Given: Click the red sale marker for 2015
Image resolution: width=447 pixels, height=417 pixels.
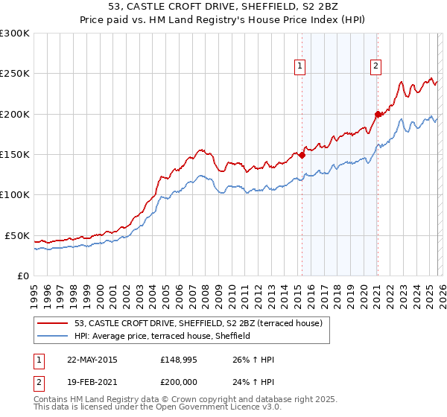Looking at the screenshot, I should coord(302,156).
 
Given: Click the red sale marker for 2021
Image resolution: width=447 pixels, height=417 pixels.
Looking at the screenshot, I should coord(378,114).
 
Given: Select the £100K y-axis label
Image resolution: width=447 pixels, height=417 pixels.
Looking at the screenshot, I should coord(15,195).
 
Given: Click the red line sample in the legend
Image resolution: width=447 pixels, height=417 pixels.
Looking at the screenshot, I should coord(54,323).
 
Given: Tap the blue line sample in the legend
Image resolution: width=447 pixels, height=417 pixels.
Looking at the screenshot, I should coord(54,337).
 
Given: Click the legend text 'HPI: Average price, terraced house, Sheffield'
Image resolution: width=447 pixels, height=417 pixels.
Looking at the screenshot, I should coord(162,337).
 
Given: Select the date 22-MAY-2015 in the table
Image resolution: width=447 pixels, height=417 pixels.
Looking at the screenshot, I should coord(92,360).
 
